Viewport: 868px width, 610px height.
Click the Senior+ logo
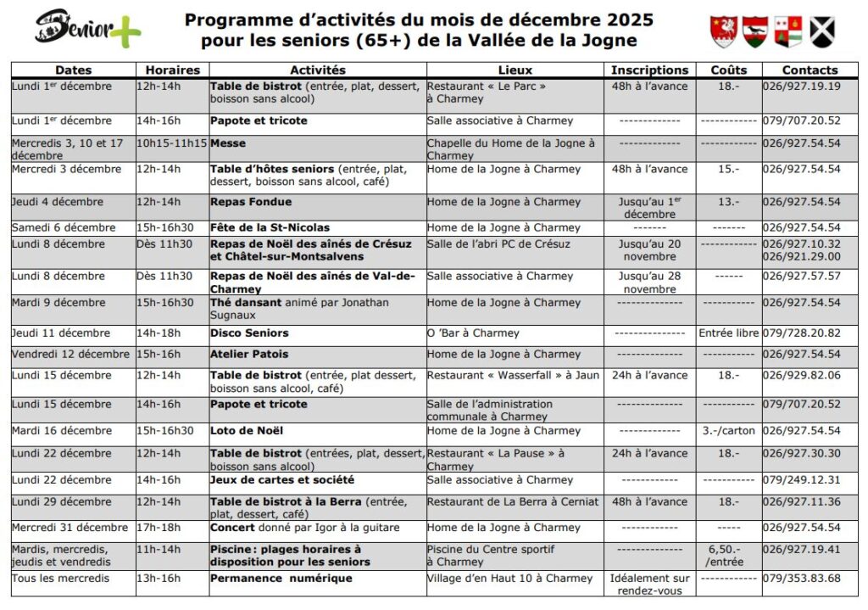[x=88, y=30]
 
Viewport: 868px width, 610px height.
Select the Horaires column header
[x=172, y=70]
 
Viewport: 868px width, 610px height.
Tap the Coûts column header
[x=728, y=70]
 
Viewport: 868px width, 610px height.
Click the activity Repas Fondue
[x=251, y=202]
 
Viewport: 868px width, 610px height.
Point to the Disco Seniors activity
[x=249, y=333]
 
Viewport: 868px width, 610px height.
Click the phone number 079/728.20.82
[x=801, y=333]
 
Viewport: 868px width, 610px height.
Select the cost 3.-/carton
[x=728, y=431]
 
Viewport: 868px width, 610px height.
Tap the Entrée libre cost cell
[x=728, y=333]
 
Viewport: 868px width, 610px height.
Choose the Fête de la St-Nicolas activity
[x=270, y=227]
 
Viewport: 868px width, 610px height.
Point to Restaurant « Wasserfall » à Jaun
[x=513, y=375]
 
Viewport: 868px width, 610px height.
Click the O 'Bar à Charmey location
[x=473, y=333]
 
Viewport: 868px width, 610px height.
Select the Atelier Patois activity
[x=249, y=354]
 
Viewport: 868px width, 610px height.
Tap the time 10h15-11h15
[x=172, y=143]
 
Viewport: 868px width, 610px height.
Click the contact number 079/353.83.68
[x=801, y=579]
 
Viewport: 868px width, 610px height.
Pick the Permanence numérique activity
[x=281, y=579]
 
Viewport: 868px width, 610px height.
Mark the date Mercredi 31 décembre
[x=70, y=528]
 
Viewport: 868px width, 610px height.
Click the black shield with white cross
[x=821, y=32]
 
